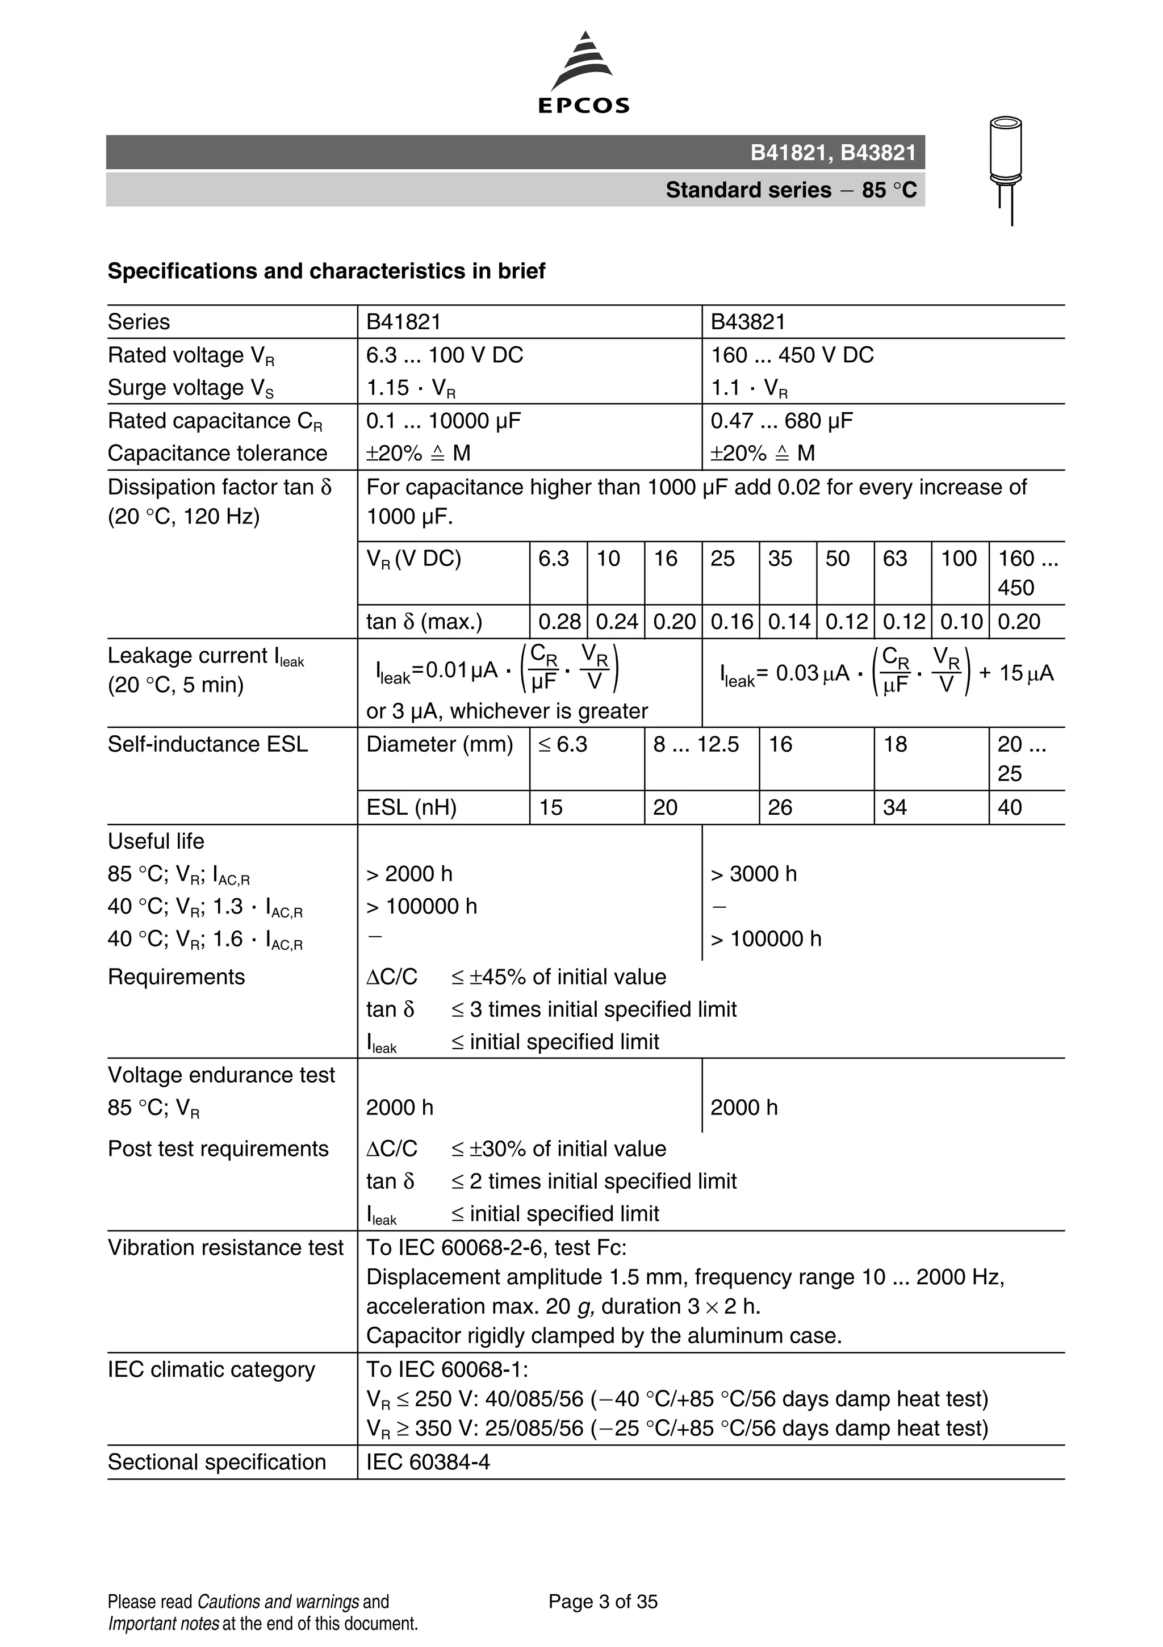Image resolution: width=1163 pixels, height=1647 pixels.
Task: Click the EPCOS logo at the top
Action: (583, 74)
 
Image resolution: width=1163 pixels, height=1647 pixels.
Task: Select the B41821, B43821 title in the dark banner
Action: (833, 153)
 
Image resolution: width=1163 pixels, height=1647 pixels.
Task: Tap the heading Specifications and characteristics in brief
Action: (327, 271)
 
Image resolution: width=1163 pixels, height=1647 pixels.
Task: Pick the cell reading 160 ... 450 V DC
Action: (792, 355)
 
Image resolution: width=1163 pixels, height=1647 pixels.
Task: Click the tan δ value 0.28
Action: (559, 622)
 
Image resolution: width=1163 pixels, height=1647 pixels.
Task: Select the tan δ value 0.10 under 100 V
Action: (960, 622)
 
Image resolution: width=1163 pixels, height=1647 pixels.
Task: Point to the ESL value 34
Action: (894, 808)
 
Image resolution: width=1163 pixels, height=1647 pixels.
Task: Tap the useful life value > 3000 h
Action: (754, 874)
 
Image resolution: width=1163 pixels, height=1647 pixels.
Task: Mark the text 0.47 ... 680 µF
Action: (781, 421)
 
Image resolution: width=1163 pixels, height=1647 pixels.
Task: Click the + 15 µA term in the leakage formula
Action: (1016, 673)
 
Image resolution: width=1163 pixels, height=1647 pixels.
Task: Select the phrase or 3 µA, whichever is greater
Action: (507, 711)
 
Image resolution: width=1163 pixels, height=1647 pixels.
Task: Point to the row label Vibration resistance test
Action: (225, 1247)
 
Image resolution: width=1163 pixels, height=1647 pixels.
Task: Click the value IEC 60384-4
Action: (428, 1462)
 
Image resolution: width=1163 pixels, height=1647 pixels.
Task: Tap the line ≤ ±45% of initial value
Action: (558, 977)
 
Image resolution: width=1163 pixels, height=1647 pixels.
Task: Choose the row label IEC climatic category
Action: (211, 1369)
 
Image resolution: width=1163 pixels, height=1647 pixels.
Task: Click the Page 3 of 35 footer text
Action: (603, 1602)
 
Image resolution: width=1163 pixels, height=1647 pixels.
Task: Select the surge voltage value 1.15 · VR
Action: (411, 388)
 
